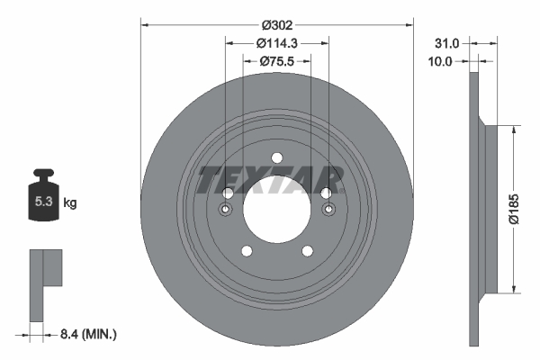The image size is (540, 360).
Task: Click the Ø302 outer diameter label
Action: pos(276,26)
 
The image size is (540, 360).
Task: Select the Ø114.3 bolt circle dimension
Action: pos(276,43)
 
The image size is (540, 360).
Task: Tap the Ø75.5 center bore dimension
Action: pos(277,61)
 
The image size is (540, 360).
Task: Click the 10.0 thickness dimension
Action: pos(441,62)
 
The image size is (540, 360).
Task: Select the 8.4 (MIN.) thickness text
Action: pos(87,334)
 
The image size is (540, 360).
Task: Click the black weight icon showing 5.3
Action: pos(44,200)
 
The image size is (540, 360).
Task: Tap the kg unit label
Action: pos(71,203)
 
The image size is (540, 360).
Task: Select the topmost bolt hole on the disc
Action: pos(277,158)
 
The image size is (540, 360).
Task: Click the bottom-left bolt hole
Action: pos(247,251)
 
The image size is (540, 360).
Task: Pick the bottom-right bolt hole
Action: pos(308,251)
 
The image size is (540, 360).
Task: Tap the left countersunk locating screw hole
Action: pos(227,211)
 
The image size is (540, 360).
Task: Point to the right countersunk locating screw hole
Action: pos(328,211)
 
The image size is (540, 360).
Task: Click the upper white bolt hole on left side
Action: pos(229,193)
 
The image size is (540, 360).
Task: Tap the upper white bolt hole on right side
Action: pos(326,193)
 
